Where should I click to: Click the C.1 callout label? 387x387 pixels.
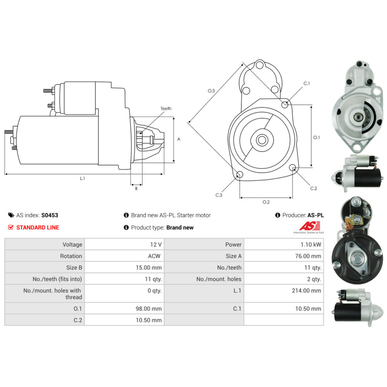tap(306, 84)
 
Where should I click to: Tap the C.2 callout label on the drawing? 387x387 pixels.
tap(313, 188)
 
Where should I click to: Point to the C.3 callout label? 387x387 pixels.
tap(219, 195)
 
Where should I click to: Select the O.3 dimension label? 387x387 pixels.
tap(211, 91)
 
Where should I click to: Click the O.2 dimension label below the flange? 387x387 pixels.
tap(266, 202)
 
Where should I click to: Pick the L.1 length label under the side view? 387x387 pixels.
tap(82, 178)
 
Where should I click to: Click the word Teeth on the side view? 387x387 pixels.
tap(166, 109)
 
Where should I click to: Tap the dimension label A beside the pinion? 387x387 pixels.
tap(179, 139)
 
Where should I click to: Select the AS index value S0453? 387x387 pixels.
tap(50, 215)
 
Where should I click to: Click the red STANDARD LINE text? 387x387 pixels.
tap(38, 228)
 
